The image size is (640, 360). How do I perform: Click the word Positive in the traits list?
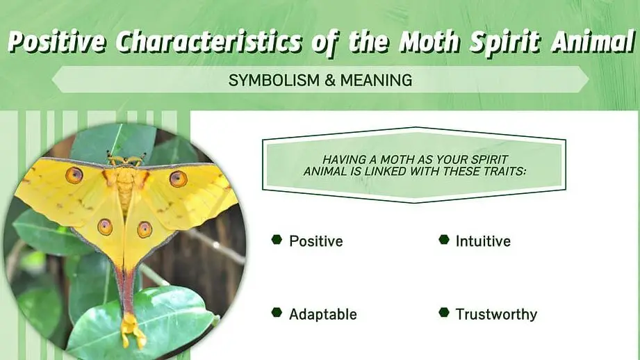point(316,241)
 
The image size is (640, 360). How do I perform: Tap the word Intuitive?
point(483,241)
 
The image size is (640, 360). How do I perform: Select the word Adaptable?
point(323,314)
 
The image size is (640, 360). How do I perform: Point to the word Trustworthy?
point(496,314)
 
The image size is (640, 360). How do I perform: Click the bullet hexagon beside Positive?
point(277,240)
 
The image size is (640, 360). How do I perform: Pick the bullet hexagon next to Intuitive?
point(444,240)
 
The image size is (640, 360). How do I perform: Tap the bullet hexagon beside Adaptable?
point(277,313)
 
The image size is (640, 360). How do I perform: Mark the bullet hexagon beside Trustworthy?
point(444,313)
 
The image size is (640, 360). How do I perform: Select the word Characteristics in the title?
point(209,42)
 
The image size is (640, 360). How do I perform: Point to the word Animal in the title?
point(593,42)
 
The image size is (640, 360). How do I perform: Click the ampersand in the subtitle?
point(330,80)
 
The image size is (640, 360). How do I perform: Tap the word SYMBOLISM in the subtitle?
point(274,80)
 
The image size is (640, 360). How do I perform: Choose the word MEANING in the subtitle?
point(377,80)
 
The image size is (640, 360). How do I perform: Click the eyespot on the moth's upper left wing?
point(74,174)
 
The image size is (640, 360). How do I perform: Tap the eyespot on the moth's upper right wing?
point(179,179)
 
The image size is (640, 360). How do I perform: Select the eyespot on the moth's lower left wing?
point(105,227)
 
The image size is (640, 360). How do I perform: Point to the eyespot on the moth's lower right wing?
point(145,229)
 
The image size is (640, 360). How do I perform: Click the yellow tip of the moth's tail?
point(132,329)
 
